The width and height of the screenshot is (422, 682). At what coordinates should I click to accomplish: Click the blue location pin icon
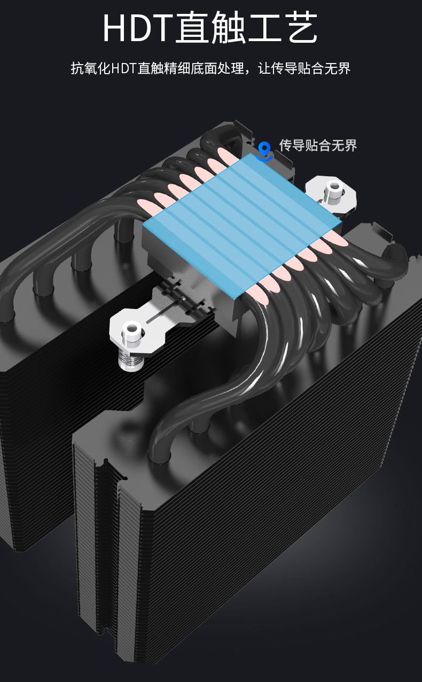[x=264, y=151]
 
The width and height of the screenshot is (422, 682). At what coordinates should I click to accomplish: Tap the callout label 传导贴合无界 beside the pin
[x=318, y=145]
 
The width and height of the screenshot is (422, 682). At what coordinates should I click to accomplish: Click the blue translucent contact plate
[x=242, y=225]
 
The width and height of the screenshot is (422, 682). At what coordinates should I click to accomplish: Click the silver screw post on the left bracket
[x=131, y=333]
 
